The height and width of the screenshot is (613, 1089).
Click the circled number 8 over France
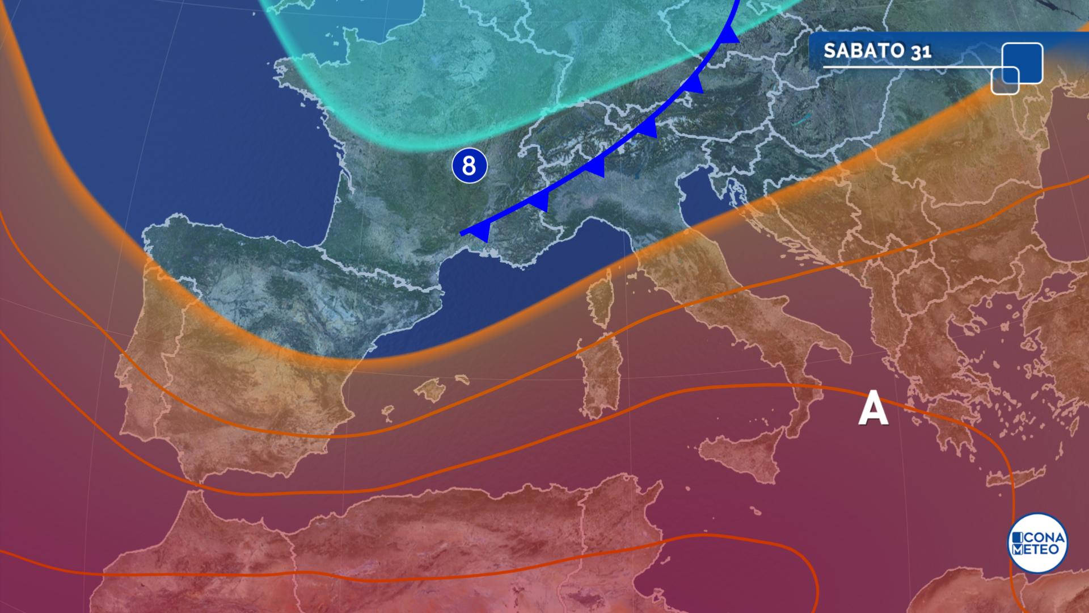pyautogui.click(x=469, y=166)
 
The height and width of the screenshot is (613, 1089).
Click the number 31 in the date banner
pyautogui.click(x=922, y=52)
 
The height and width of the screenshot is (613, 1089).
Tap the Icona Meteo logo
pyautogui.click(x=1037, y=543)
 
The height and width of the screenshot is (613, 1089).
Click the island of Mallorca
pyautogui.click(x=434, y=391)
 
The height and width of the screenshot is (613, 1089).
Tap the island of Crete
pyautogui.click(x=1015, y=478)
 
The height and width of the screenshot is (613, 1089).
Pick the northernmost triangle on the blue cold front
pyautogui.click(x=729, y=35)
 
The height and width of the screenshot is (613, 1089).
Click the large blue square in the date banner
pyautogui.click(x=1023, y=62)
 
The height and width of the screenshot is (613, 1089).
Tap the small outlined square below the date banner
pyautogui.click(x=1005, y=80)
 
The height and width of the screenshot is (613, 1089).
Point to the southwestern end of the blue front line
pyautogui.click(x=462, y=233)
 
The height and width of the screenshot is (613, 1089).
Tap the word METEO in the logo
pyautogui.click(x=1037, y=550)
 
